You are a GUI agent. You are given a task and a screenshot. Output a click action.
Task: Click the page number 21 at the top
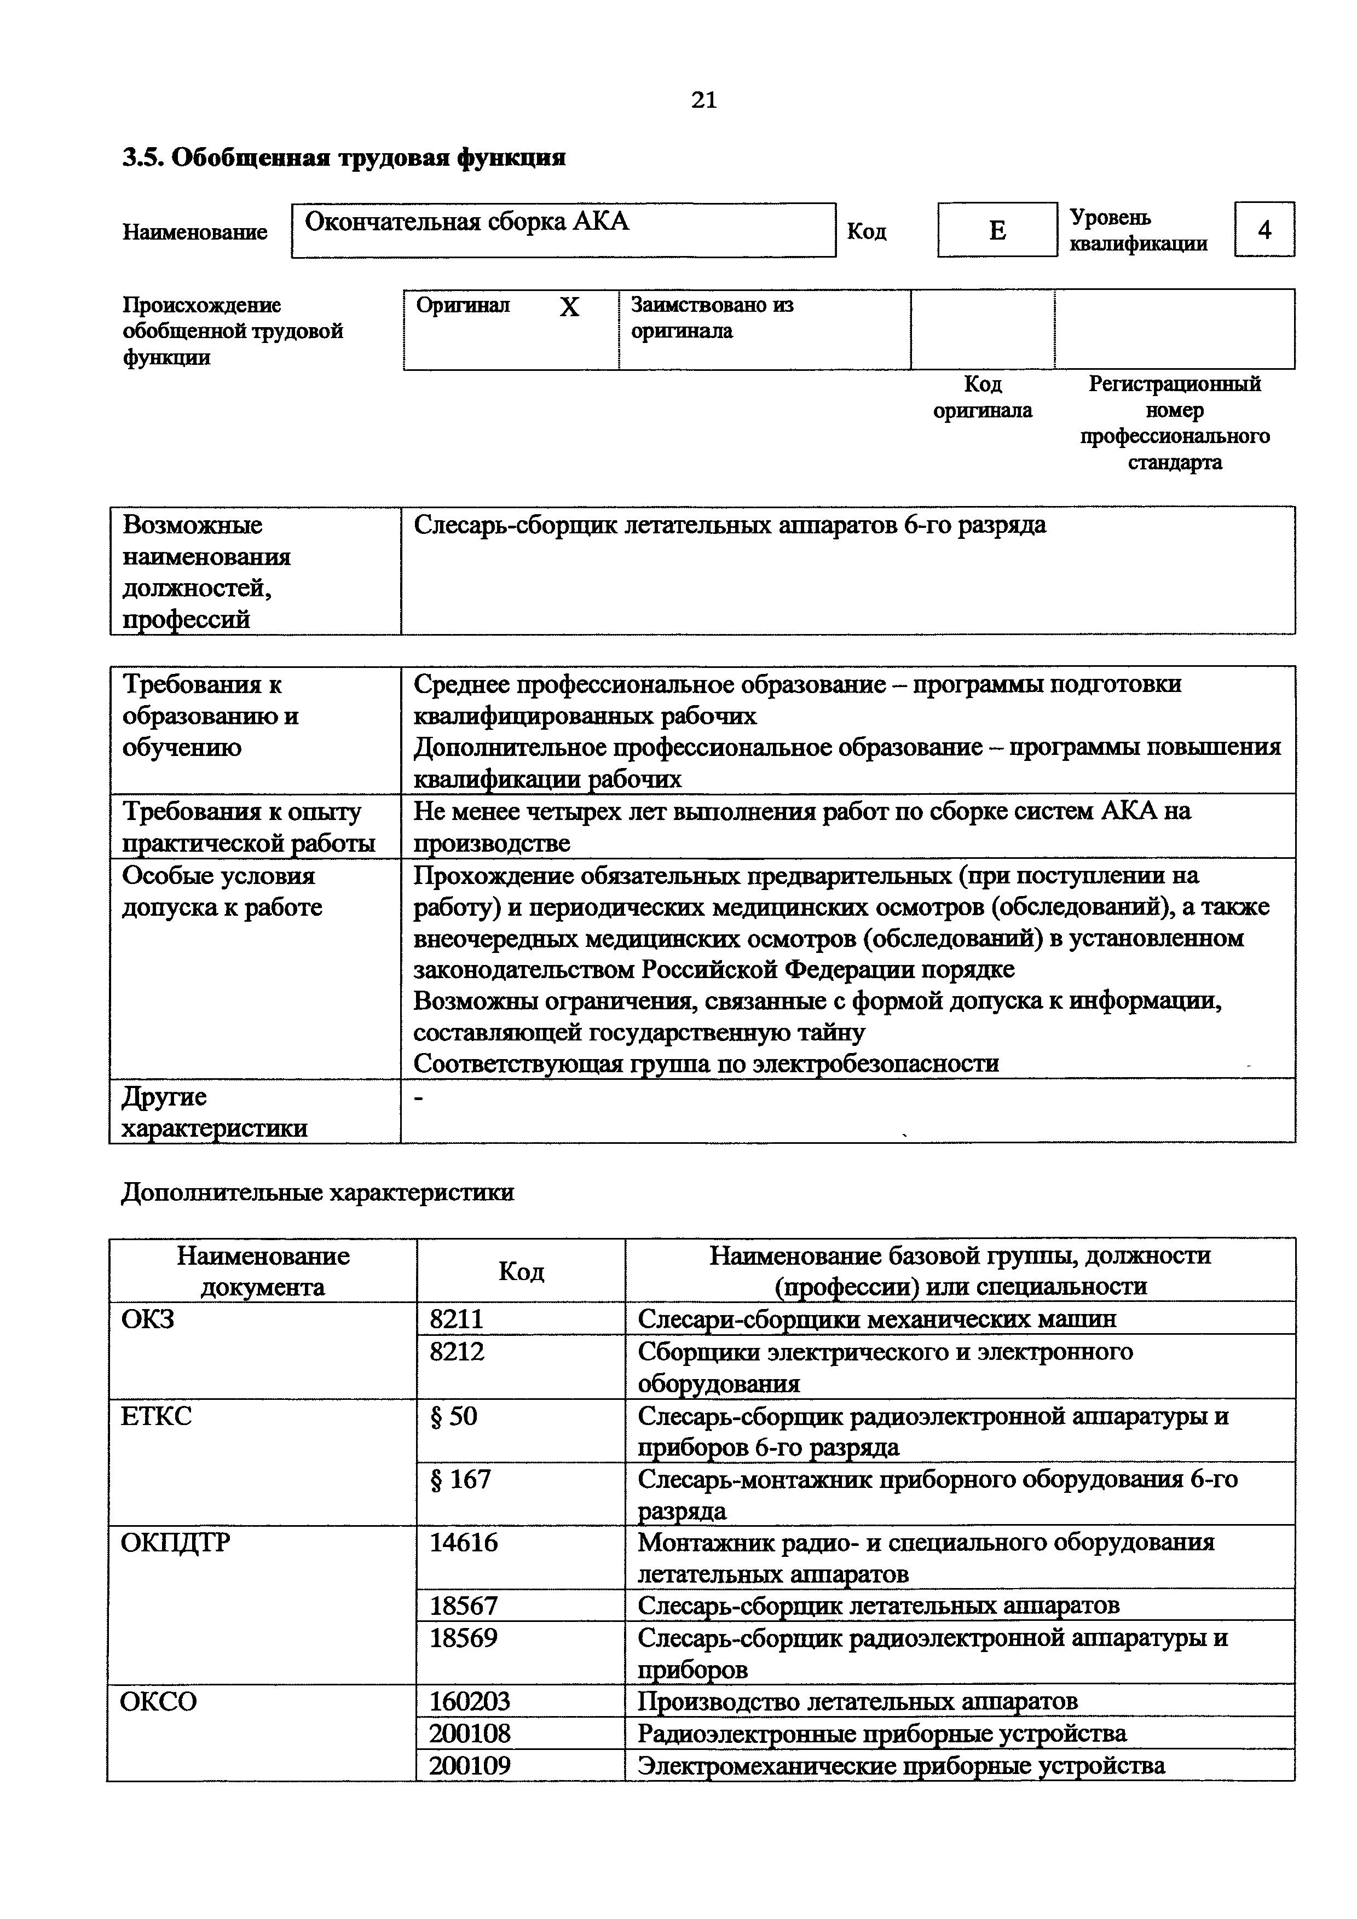pos(704,100)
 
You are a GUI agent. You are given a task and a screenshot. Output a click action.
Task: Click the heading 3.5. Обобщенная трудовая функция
pos(344,157)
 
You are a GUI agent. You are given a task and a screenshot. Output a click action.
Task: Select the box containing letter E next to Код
pos(997,230)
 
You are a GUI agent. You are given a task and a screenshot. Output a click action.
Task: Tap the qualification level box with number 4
pos(1263,230)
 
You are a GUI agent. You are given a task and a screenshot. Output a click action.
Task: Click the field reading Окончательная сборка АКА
pos(563,230)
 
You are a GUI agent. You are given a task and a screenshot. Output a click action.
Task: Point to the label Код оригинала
pos(983,397)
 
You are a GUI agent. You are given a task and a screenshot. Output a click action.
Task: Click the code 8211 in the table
pos(457,1319)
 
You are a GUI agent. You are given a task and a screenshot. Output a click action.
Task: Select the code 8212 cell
pos(457,1352)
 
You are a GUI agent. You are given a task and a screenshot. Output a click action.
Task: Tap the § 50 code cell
pos(453,1416)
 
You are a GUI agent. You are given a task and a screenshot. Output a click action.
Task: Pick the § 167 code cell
pos(460,1479)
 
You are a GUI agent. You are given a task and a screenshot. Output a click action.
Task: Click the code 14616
pos(463,1542)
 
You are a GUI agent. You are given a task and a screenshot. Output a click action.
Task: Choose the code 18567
pos(463,1605)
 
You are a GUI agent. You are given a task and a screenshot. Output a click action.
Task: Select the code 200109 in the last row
pos(470,1765)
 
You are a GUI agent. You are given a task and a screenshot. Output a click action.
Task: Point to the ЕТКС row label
pos(157,1416)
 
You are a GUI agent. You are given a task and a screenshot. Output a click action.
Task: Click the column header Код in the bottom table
pos(521,1271)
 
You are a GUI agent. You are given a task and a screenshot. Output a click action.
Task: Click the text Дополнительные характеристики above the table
pos(317,1192)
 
